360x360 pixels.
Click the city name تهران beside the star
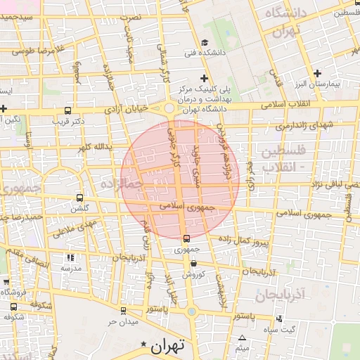[167, 345]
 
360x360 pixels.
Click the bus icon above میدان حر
[123, 310]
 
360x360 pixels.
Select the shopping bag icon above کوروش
[193, 264]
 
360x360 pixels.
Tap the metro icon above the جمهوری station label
[186, 238]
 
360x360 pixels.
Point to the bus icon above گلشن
[79, 198]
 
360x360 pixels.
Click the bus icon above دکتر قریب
[67, 110]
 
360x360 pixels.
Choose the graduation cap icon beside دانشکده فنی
[205, 41]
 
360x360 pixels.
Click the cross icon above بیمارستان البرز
[317, 73]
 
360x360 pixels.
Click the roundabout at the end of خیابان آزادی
[169, 108]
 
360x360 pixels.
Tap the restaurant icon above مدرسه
[69, 257]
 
